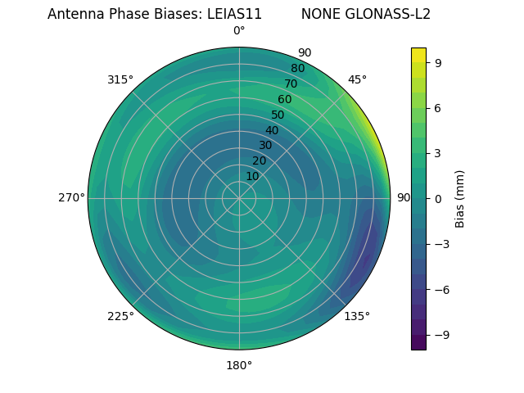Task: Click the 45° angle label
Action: point(357,79)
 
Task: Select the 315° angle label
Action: point(120,79)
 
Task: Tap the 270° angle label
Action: point(71,197)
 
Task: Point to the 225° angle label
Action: point(120,316)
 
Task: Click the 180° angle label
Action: point(239,365)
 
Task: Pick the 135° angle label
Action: point(357,316)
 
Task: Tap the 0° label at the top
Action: point(239,31)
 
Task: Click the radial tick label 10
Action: point(252,176)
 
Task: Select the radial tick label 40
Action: point(272,130)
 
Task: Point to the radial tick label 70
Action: point(291,84)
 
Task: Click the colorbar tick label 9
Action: point(439,62)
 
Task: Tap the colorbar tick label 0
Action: point(439,198)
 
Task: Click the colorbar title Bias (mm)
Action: point(460,198)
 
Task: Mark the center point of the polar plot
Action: point(239,198)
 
